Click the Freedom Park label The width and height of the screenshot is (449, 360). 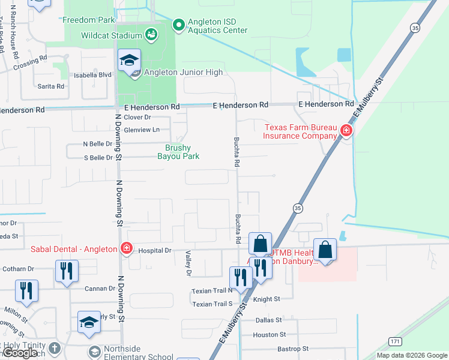[88, 20]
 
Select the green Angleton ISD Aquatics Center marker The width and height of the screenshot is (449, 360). [178, 25]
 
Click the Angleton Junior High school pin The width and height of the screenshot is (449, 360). [129, 61]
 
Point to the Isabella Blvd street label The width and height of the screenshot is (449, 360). [93, 75]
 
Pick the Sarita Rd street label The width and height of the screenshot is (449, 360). [51, 86]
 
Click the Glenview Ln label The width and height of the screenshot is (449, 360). [142, 130]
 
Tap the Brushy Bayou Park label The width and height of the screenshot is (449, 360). [178, 152]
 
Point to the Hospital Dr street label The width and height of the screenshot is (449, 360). [155, 250]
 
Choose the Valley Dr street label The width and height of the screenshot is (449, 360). [188, 264]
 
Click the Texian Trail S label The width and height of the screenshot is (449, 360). [212, 304]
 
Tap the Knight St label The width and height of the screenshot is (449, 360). [267, 299]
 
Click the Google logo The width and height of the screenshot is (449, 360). [20, 353]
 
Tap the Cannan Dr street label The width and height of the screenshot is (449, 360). [96, 289]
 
